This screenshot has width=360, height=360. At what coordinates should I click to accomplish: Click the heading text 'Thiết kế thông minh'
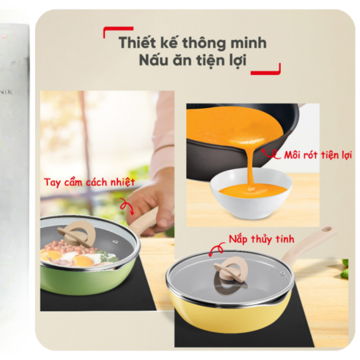[x=192, y=43]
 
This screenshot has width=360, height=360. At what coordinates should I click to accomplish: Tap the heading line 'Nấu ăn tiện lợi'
[x=192, y=60]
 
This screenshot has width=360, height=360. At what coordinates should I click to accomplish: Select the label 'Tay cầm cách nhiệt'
[x=89, y=182]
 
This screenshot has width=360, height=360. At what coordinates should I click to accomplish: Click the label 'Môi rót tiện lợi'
[x=317, y=155]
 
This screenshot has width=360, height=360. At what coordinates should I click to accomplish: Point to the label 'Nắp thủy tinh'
[x=261, y=239]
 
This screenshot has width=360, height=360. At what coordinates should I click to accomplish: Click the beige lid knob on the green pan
[x=77, y=233]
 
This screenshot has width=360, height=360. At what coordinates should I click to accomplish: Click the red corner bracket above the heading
[x=117, y=30]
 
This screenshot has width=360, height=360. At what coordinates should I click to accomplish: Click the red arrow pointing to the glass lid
[x=217, y=249]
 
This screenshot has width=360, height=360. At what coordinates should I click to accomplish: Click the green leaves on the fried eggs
[x=108, y=257]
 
